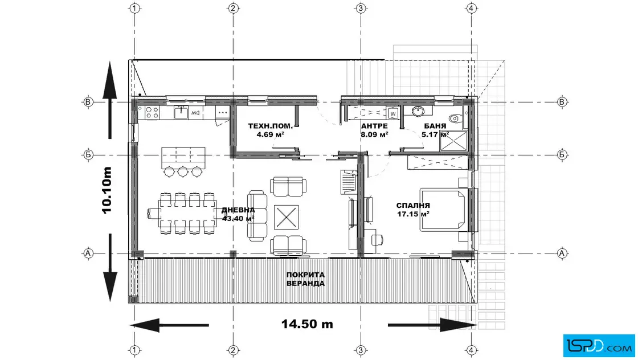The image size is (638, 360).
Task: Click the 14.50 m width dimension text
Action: click(x=307, y=324)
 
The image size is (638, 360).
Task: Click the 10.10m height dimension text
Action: click(x=107, y=190)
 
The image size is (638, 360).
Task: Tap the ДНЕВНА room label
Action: click(x=238, y=210)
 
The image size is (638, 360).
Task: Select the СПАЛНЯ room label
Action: click(x=413, y=206)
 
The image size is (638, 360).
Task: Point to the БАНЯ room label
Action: click(x=435, y=126)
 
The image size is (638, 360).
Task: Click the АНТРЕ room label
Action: click(x=375, y=126)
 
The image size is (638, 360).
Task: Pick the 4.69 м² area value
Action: click(x=270, y=134)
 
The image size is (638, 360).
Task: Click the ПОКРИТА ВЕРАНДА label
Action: click(x=305, y=279)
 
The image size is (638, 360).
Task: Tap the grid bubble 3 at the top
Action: click(x=361, y=8)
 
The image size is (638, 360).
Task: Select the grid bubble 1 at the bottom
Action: click(x=134, y=350)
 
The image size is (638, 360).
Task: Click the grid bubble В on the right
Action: click(x=562, y=102)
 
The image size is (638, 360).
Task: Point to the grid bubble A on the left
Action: click(x=88, y=253)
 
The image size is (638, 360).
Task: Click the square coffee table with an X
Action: click(x=286, y=217)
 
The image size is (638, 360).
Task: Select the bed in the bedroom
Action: click(x=443, y=210)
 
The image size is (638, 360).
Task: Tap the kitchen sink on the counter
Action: click(x=181, y=112)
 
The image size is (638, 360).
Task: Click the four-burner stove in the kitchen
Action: click(x=152, y=112)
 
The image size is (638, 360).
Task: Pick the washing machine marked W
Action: click(x=392, y=113)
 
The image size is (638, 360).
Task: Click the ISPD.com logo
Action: click(x=599, y=345)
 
